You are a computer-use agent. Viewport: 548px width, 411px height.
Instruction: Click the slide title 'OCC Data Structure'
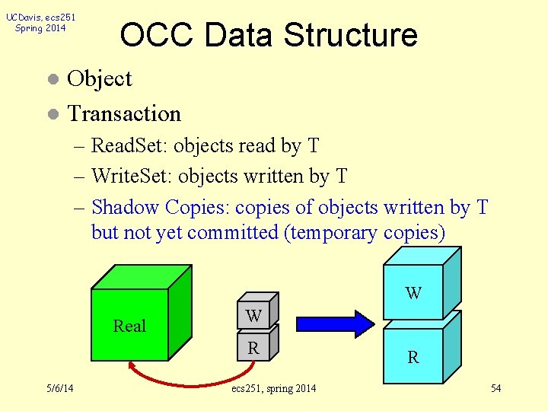click(x=269, y=36)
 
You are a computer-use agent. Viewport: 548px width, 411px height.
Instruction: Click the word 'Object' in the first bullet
click(x=100, y=78)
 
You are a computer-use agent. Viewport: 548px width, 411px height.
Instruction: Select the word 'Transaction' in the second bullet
click(x=125, y=114)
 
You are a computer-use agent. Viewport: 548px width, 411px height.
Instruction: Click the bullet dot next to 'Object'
click(x=52, y=79)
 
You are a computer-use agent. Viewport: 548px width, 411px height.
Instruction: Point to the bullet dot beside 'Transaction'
click(x=52, y=115)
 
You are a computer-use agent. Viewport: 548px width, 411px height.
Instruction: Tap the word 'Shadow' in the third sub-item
click(x=125, y=207)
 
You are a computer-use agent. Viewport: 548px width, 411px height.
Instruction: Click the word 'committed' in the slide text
click(x=233, y=232)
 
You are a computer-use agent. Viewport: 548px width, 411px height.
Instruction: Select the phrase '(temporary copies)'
click(x=364, y=232)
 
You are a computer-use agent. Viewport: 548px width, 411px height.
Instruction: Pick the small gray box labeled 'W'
click(x=254, y=315)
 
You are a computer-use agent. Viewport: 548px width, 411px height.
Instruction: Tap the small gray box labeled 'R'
click(x=254, y=349)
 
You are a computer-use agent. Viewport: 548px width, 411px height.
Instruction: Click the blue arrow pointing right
click(x=334, y=323)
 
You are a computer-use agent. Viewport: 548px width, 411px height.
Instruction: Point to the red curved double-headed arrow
click(x=190, y=378)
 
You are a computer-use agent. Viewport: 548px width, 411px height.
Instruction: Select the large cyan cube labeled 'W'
click(x=413, y=292)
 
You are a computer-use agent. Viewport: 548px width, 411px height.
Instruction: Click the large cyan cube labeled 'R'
click(x=413, y=355)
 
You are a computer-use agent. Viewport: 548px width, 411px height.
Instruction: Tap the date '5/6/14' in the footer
click(x=59, y=389)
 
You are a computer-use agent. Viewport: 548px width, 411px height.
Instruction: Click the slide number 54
click(x=495, y=389)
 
